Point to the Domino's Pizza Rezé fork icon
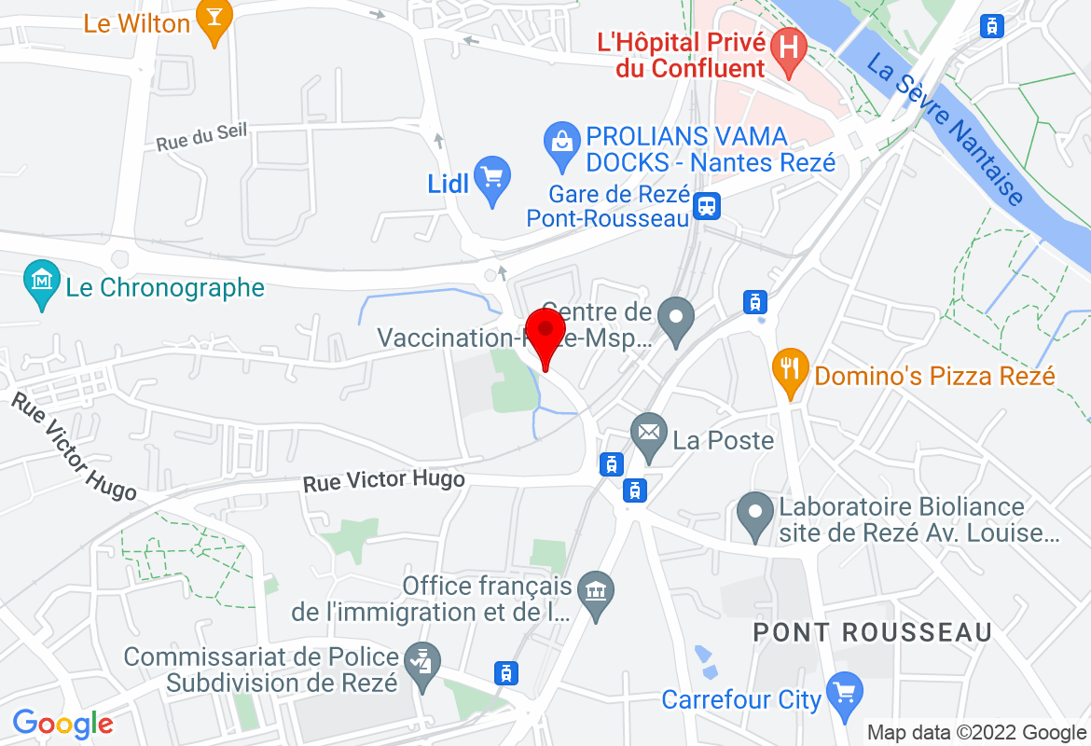pyautogui.click(x=790, y=370)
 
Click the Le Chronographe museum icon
pyautogui.click(x=42, y=284)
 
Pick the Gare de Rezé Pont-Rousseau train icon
pyautogui.click(x=708, y=206)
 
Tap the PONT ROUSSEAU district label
pyautogui.click(x=872, y=631)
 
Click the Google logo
pyautogui.click(x=62, y=724)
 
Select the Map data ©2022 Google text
pyautogui.click(x=976, y=732)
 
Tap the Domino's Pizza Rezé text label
pyautogui.click(x=934, y=376)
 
